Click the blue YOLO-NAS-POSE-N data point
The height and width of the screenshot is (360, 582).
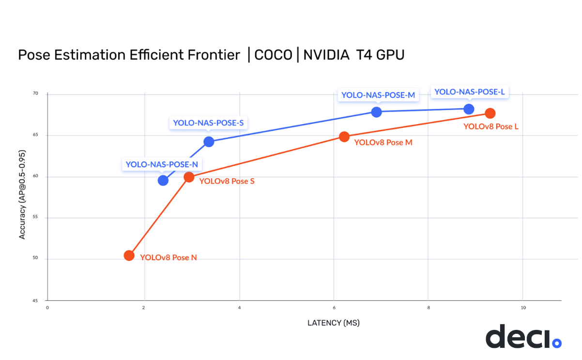[163, 180]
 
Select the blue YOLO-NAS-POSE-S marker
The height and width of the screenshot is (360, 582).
[209, 141]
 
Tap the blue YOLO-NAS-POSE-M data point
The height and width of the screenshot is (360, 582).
[377, 112]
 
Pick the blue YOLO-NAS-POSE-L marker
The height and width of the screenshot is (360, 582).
[469, 109]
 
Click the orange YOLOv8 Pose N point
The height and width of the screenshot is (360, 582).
[129, 255]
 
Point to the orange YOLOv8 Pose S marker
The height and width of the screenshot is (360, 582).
[189, 177]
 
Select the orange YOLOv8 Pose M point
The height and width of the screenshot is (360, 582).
[344, 137]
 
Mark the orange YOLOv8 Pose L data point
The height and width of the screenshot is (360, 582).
[490, 113]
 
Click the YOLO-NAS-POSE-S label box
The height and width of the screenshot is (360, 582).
[208, 123]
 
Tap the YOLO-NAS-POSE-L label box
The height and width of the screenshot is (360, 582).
[470, 92]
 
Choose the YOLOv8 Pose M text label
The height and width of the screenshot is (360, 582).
[383, 142]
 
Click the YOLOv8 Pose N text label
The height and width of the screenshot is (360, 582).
[168, 258]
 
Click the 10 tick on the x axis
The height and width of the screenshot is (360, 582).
[522, 308]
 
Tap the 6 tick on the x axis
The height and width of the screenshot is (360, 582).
[334, 308]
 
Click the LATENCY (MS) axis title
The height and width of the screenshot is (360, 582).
[334, 323]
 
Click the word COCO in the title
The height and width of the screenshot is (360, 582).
[273, 55]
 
